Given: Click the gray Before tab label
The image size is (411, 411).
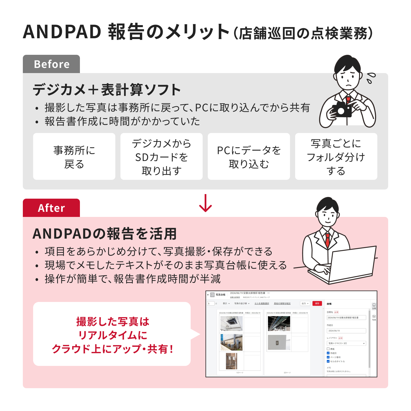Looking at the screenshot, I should click(51, 64).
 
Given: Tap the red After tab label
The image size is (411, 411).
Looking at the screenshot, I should click(51, 208).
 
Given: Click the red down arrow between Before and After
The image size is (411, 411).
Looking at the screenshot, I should click(205, 203).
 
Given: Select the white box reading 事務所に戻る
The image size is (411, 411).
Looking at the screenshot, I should click(74, 157).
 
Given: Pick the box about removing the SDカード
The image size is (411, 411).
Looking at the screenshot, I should click(162, 157).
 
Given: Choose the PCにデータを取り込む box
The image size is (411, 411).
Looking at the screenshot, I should click(249, 157).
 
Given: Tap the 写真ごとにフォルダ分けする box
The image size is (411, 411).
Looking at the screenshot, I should click(336, 157).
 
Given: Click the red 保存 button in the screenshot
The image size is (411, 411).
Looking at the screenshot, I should click(317, 303).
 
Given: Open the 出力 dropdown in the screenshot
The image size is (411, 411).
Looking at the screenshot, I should click(305, 303).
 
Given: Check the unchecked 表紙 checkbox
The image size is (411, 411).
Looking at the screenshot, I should click(328, 349).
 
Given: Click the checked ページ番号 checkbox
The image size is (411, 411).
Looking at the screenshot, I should click(328, 357).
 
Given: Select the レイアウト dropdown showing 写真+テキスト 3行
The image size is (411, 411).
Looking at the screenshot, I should click(346, 343).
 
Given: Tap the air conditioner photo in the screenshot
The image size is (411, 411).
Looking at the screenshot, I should click(231, 323).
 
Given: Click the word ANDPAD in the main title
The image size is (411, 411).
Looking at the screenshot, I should click(62, 32).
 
